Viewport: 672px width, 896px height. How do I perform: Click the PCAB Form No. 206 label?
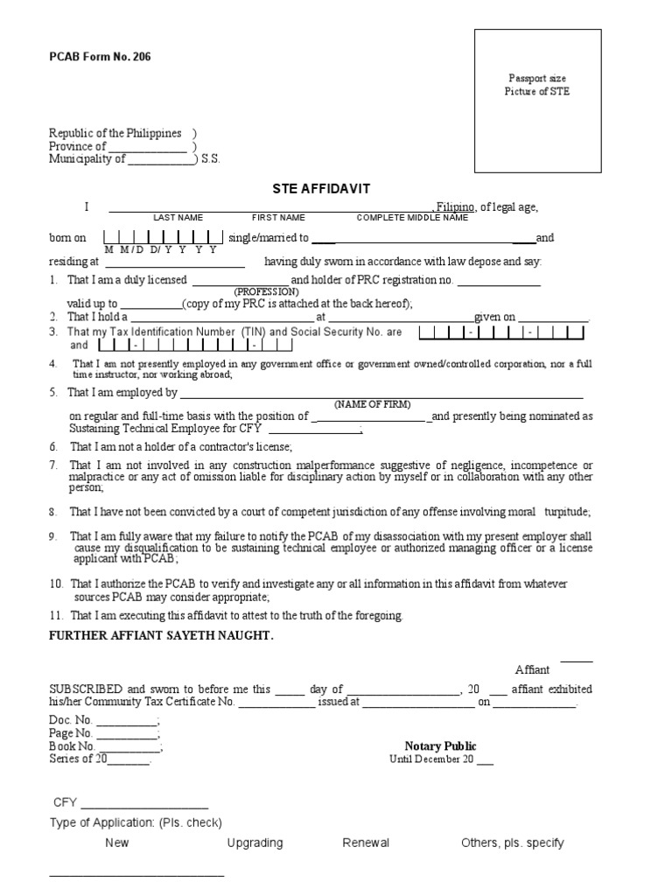pyautogui.click(x=93, y=57)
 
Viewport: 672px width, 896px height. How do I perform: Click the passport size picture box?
pyautogui.click(x=537, y=101)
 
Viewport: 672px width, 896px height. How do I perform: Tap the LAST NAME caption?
pyautogui.click(x=178, y=217)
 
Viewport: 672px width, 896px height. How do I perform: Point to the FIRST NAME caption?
pyautogui.click(x=278, y=217)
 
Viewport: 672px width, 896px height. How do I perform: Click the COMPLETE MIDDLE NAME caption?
pyautogui.click(x=412, y=217)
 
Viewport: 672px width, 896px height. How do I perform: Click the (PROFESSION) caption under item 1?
pyautogui.click(x=266, y=291)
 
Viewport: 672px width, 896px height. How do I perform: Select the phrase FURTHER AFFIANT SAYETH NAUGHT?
pyautogui.click(x=161, y=635)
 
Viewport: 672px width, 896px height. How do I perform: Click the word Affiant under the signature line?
pyautogui.click(x=532, y=669)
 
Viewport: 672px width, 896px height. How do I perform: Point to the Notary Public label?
pyautogui.click(x=440, y=746)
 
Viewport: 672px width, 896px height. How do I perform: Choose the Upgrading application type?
pyautogui.click(x=255, y=843)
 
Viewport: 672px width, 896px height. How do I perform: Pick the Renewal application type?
pyautogui.click(x=366, y=843)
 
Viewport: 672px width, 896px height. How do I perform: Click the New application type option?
pyautogui.click(x=116, y=843)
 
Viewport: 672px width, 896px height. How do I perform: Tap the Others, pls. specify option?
pyautogui.click(x=512, y=843)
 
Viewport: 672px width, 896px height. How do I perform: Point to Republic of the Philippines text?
pyautogui.click(x=115, y=134)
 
